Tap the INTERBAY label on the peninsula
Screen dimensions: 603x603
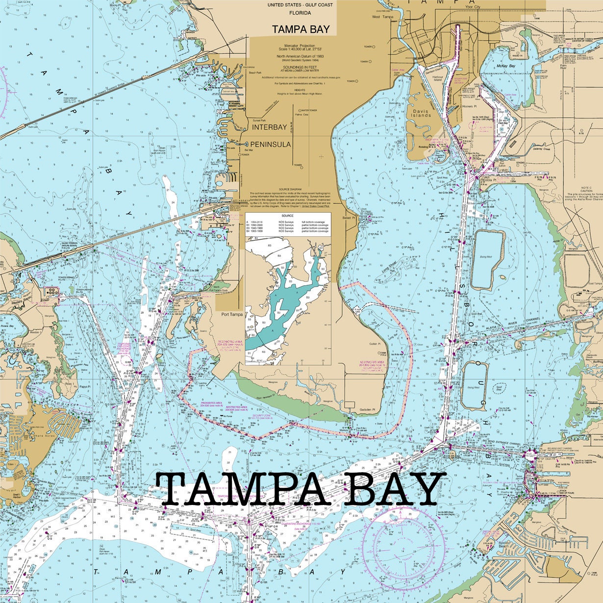point(269,127)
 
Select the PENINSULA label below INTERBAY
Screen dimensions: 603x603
point(271,144)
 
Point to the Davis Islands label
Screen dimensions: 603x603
point(422,113)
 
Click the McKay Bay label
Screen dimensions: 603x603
point(505,66)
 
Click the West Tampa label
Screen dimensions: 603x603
point(382,17)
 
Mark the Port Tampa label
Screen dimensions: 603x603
point(232,314)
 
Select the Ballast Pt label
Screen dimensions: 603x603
point(349,218)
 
